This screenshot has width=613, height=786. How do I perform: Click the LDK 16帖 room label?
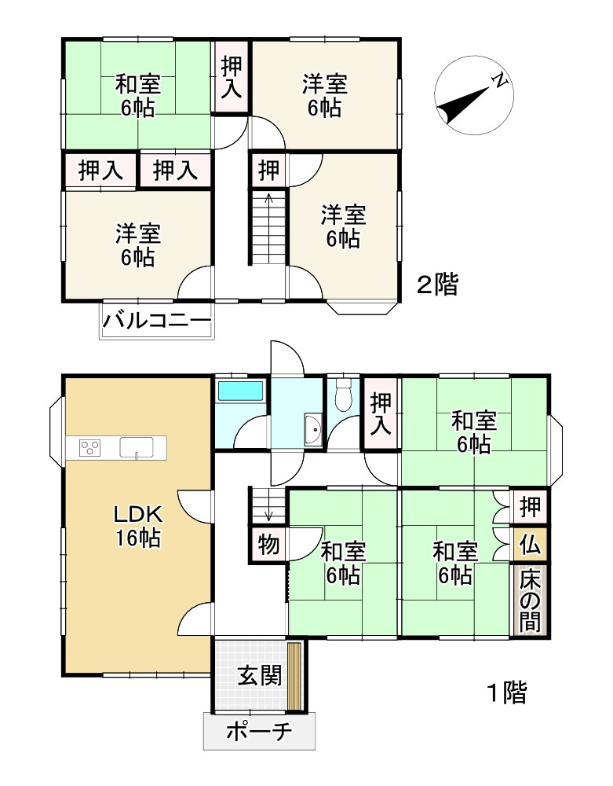pos(138,526)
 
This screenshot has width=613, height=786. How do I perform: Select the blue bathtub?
pos(241,391)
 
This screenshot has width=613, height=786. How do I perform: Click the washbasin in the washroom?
pos(314,430)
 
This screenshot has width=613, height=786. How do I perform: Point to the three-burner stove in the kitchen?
pos(90,447)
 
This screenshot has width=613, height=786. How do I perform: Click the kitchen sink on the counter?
pos(136,447)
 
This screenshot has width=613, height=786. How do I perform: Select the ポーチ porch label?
pos(259,731)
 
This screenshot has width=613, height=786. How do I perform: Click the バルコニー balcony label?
pos(157,319)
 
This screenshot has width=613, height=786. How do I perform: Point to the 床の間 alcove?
pos(530,600)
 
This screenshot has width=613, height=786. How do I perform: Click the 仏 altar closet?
pos(530,543)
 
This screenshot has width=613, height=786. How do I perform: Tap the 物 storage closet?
pos(268,544)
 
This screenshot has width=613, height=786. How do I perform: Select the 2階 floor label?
pos(437,285)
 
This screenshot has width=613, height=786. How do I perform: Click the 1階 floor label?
pos(506,693)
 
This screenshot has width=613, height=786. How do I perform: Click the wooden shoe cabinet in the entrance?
pos(294,676)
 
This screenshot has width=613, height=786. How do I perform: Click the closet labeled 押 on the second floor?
pos(268,170)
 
